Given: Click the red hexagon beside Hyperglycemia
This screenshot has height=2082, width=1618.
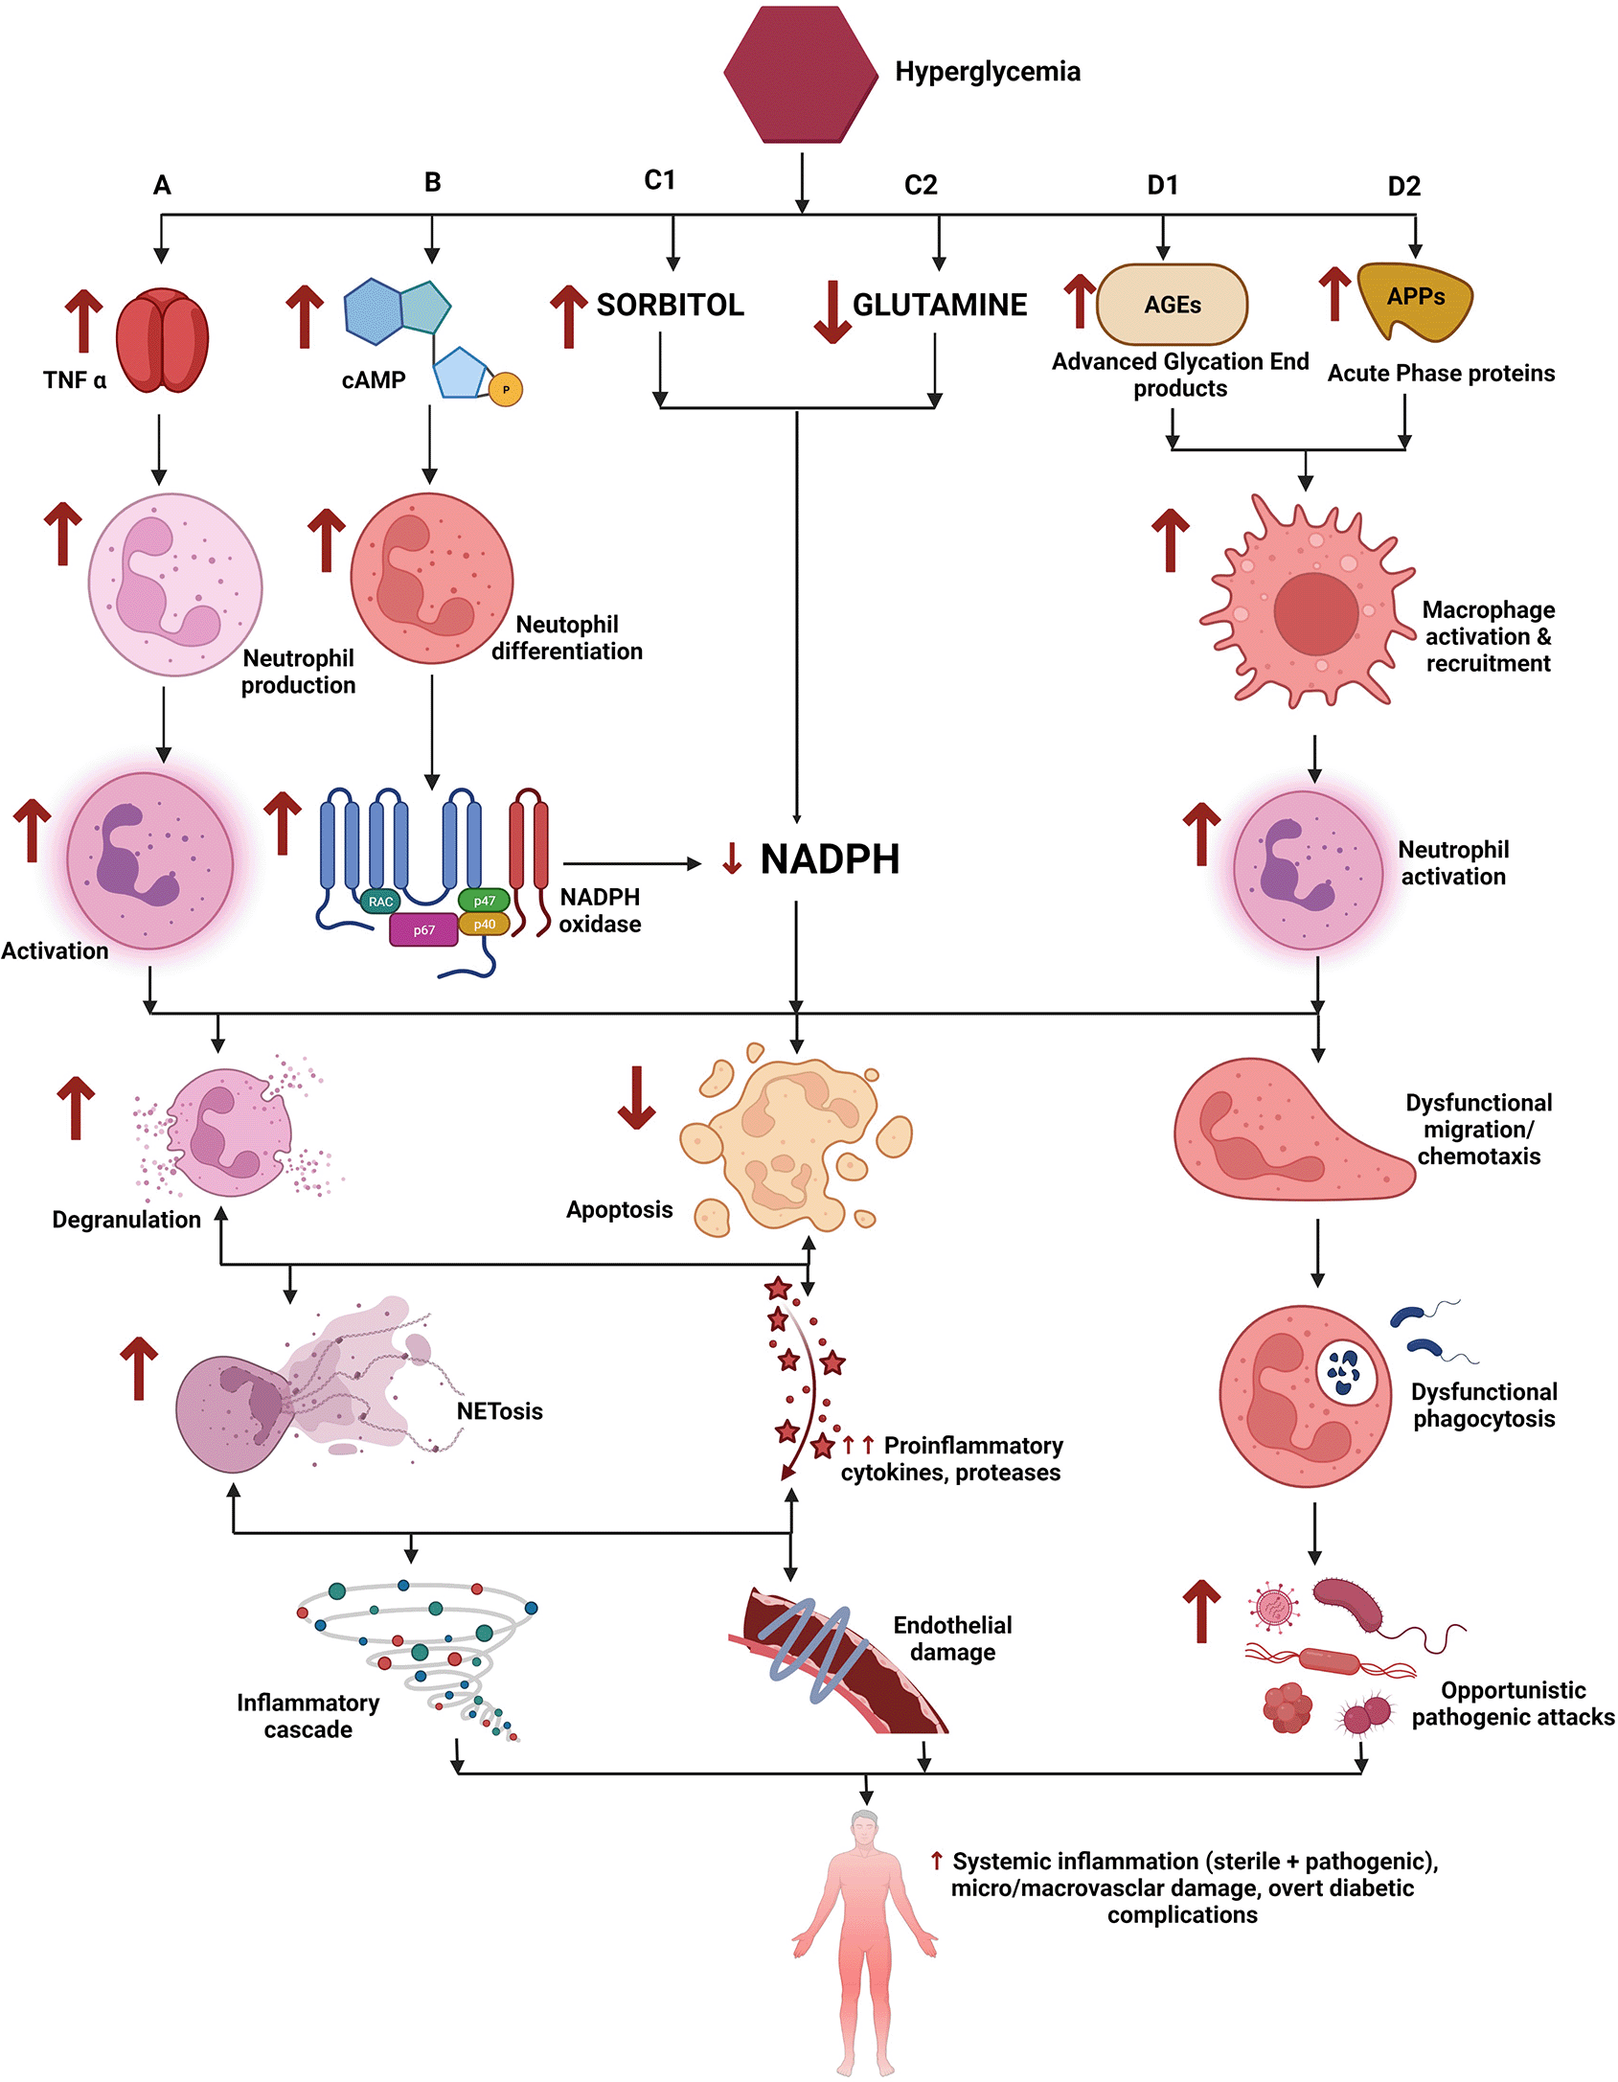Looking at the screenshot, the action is (801, 75).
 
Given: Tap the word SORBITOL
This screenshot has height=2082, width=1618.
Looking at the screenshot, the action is (670, 305).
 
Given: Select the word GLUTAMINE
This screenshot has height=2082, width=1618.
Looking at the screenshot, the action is (940, 305).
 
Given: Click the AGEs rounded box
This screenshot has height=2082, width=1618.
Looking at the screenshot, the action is (1172, 305).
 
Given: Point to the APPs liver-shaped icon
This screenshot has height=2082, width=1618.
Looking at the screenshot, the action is (1415, 301).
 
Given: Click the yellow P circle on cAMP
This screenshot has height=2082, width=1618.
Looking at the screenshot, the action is (506, 389).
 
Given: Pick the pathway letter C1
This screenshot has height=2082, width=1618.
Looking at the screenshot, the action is (660, 180).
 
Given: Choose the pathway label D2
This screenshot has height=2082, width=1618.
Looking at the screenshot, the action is (1404, 186).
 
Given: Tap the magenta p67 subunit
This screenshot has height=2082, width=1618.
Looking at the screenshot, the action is (423, 929).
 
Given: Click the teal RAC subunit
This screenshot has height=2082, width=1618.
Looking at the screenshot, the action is (380, 902).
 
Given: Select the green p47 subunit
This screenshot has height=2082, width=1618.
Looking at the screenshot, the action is (484, 901).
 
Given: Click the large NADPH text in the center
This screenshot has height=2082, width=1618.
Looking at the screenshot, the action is (830, 859).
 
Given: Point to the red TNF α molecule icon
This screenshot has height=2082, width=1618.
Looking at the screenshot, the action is (163, 341).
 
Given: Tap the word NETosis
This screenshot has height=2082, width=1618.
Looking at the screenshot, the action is (499, 1411).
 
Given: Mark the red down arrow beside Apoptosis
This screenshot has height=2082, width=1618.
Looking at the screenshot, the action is (636, 1097).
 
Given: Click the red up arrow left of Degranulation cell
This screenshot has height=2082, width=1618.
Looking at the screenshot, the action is (76, 1108).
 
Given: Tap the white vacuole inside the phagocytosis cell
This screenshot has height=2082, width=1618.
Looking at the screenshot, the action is (1346, 1371).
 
